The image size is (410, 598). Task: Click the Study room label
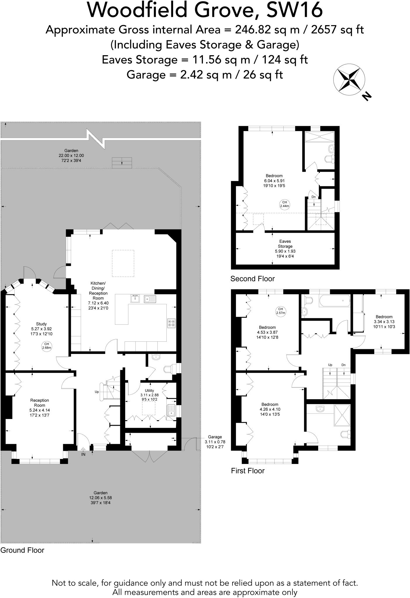(42, 328)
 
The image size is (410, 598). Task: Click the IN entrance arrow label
(83, 454)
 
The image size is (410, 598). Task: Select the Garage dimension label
(215, 441)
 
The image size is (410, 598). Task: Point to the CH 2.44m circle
(285, 204)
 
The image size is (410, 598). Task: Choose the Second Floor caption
(252, 279)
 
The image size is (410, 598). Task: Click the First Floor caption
(248, 471)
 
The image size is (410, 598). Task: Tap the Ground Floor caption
(22, 550)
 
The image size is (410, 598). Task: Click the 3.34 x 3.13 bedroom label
(384, 321)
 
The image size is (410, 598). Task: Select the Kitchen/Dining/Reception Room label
(98, 295)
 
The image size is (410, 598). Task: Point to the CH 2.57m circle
(280, 311)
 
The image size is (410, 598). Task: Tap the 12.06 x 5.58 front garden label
(101, 498)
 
